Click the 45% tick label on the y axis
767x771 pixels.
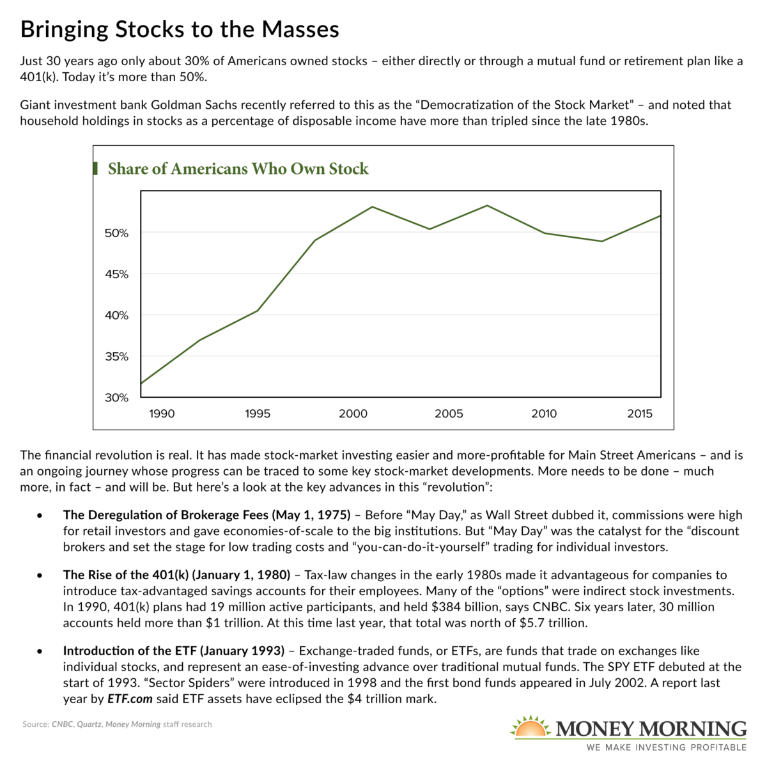click(116, 274)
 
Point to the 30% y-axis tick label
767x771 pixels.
click(116, 398)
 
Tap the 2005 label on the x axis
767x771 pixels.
click(449, 414)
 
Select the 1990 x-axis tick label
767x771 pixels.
click(162, 414)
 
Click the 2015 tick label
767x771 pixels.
click(640, 414)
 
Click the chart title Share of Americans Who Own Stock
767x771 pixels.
click(238, 169)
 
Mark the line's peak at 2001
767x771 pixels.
click(373, 207)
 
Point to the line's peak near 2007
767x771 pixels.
click(487, 205)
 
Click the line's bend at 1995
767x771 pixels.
click(258, 311)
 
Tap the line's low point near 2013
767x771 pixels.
click(602, 241)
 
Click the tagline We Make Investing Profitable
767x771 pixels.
click(667, 747)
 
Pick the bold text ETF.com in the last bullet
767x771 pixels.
click(130, 699)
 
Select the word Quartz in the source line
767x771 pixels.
click(89, 724)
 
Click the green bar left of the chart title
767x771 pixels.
click(96, 169)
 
